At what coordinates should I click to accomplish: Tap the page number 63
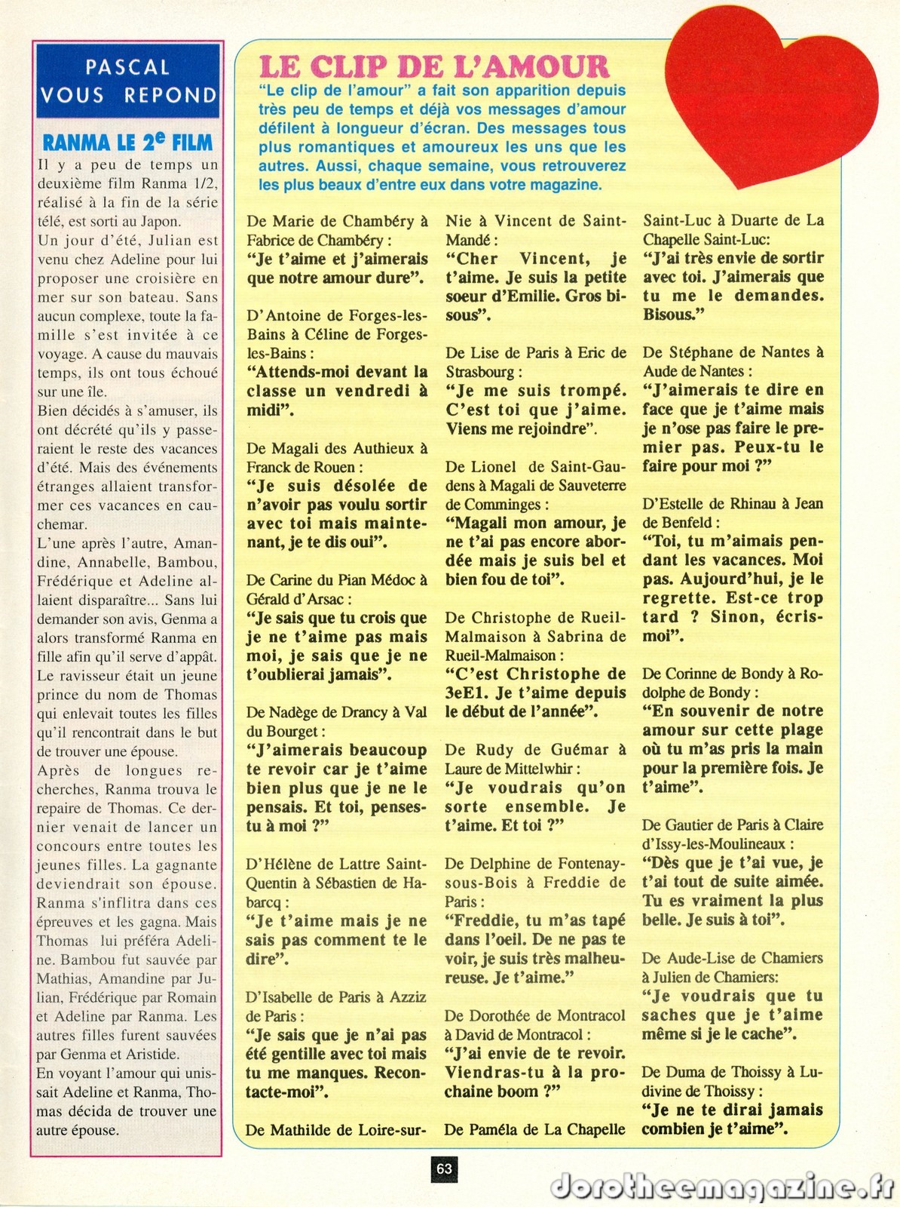tap(445, 1169)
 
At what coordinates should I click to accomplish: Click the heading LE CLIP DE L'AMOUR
tap(433, 67)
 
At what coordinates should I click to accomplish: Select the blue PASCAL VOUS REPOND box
tap(128, 81)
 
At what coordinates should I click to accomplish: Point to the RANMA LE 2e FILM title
tap(128, 143)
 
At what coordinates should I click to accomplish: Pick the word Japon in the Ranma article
tap(160, 222)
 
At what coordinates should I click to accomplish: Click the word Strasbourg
tap(479, 372)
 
